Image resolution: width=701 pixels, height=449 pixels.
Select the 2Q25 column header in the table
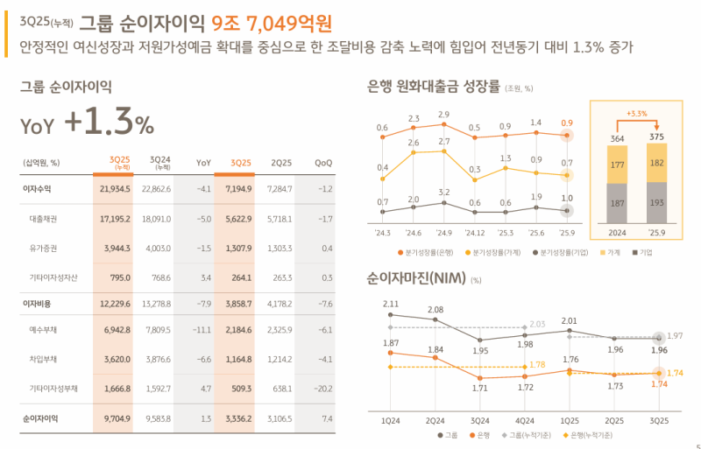(280, 163)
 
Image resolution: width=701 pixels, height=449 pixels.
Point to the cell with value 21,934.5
(115, 188)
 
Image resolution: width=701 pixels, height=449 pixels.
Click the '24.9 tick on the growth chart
(443, 233)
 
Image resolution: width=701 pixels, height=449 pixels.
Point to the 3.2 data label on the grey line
(443, 192)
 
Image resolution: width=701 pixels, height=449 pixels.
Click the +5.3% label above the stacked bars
(636, 113)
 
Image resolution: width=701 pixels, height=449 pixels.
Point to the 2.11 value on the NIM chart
(391, 304)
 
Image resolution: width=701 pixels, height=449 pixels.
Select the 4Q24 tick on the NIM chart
(524, 420)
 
